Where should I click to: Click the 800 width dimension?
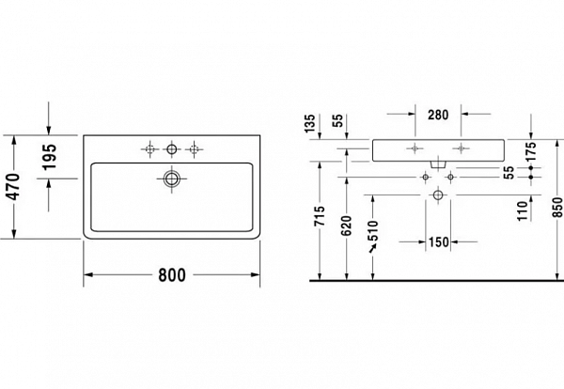(x=171, y=275)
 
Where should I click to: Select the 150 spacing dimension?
(x=437, y=242)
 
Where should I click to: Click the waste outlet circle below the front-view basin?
(x=437, y=194)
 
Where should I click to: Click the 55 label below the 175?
(x=509, y=172)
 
